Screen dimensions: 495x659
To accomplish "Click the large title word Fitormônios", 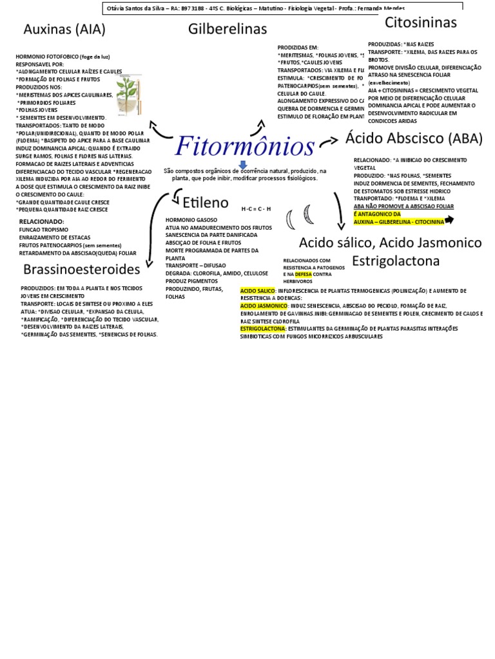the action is [x=245, y=146].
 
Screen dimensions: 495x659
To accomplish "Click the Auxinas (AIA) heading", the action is [x=64, y=30].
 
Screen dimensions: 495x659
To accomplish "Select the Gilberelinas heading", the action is [x=228, y=29].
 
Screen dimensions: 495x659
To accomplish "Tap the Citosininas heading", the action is [x=420, y=23].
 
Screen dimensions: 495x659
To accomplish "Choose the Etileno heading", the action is [x=205, y=203].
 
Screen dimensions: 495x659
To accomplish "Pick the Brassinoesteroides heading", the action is [x=82, y=268].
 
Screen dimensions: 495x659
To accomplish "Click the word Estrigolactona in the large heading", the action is [x=396, y=261].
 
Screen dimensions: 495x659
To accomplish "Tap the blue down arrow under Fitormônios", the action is [x=243, y=165].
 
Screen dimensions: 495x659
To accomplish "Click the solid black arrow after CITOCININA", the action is [x=449, y=220].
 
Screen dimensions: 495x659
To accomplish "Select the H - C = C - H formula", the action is [x=256, y=209].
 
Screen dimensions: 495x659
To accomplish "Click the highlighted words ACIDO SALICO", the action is [x=258, y=291].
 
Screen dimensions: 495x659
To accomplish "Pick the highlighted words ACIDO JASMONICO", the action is [x=264, y=306].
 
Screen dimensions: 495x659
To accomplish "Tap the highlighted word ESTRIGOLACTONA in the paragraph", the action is [x=263, y=328].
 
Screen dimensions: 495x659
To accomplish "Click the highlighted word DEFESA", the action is [x=303, y=274].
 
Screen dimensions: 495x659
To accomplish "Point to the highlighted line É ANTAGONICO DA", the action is [x=377, y=214].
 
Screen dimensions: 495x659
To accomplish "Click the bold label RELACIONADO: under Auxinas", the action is [x=42, y=221].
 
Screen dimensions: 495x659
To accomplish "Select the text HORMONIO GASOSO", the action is [x=191, y=220].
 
